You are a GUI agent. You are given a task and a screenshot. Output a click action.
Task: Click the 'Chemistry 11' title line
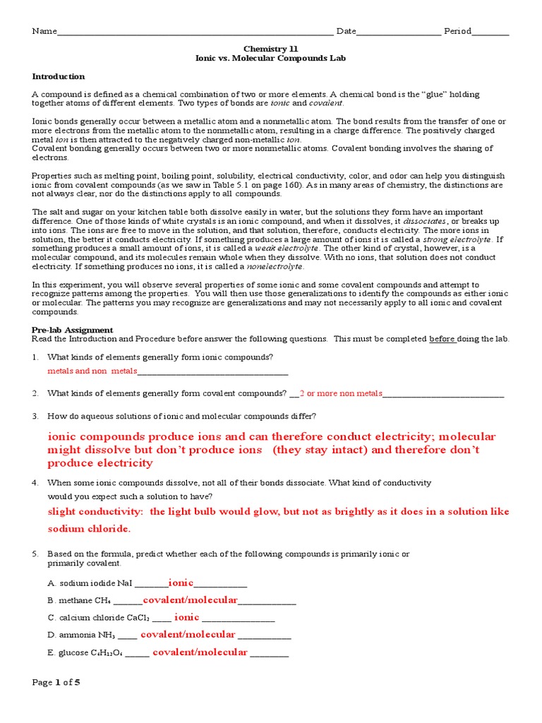[x=270, y=48]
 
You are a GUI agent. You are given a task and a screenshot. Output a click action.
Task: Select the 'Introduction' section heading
[x=59, y=76]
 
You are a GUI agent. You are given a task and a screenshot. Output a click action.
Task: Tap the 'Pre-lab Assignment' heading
[x=73, y=330]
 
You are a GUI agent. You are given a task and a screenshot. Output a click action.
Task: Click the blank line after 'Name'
[x=194, y=32]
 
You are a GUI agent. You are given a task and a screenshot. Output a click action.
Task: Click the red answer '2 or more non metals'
[x=341, y=393]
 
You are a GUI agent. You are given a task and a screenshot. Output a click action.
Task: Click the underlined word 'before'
[x=442, y=339]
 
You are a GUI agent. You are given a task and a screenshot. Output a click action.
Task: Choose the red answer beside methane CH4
[x=191, y=600]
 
